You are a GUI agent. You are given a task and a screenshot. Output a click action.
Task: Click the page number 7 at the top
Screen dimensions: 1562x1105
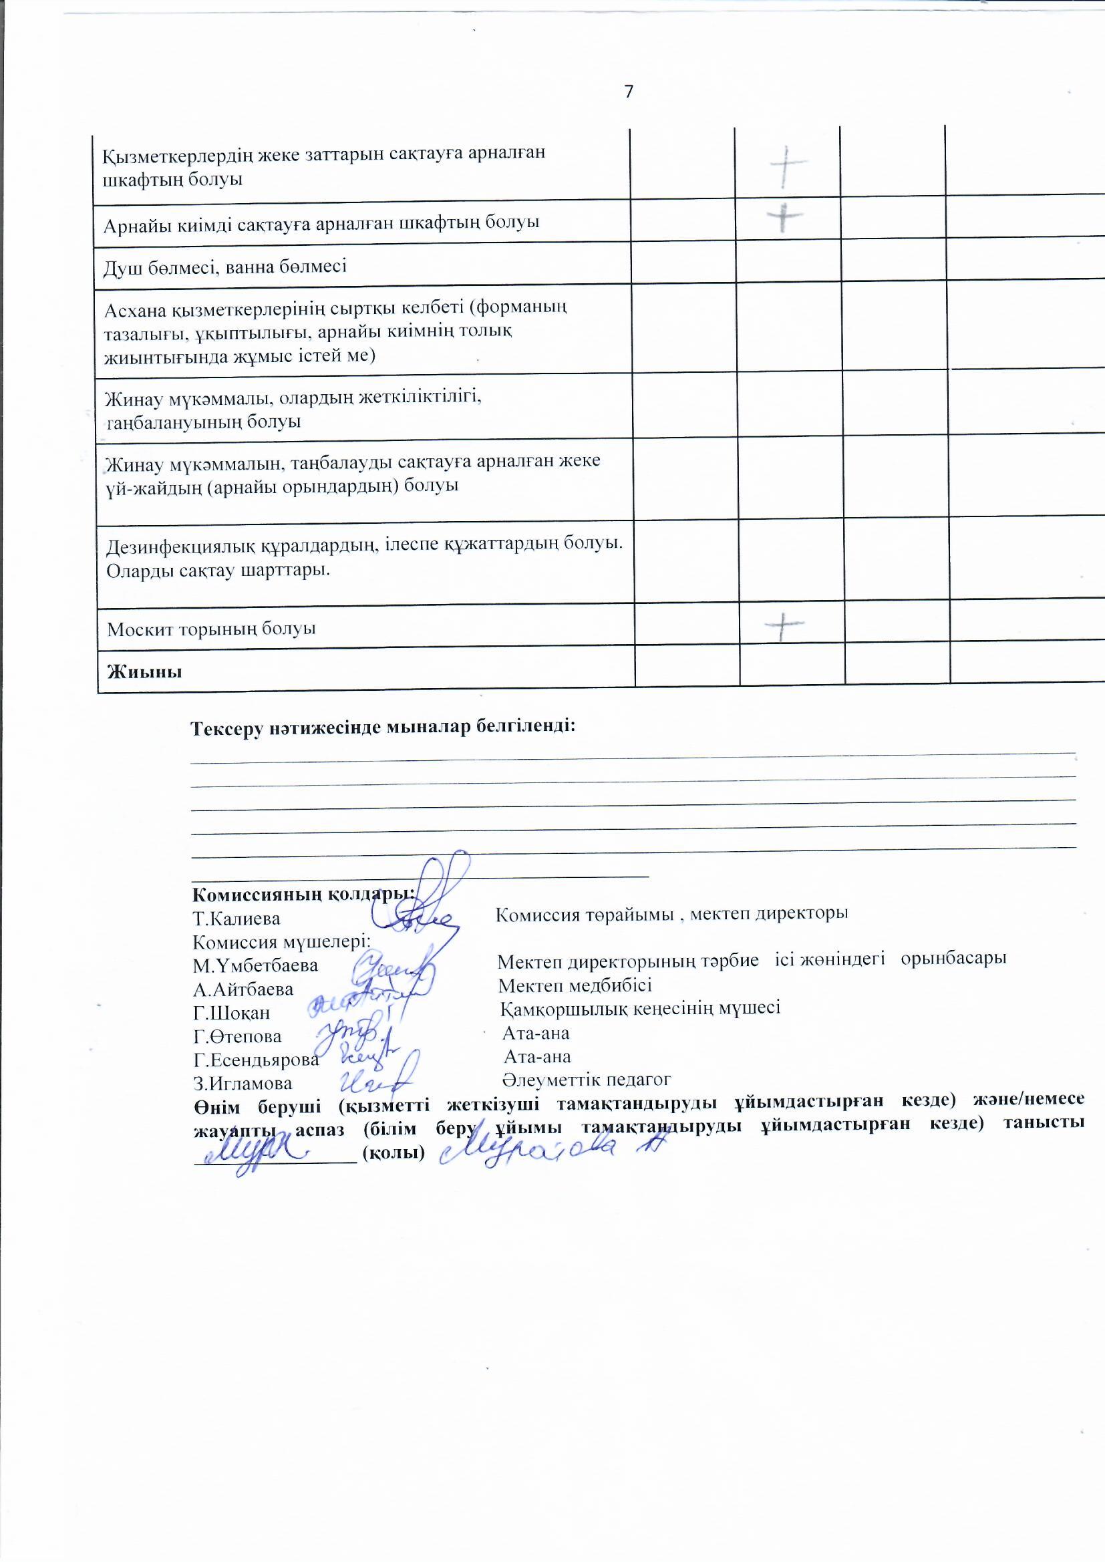[629, 91]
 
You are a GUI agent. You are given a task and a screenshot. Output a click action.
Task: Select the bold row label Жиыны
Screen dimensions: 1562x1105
[144, 672]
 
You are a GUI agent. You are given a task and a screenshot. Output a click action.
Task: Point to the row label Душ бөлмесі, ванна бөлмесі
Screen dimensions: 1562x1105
[224, 266]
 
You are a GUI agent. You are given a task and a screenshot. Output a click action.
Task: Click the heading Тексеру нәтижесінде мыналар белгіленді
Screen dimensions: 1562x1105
[383, 728]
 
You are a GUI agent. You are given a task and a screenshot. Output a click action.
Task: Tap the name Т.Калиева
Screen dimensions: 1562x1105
[236, 919]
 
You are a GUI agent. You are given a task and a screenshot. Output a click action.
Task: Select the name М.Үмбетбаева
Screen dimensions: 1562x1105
[255, 965]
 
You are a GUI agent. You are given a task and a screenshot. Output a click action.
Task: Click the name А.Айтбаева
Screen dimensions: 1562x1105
[243, 989]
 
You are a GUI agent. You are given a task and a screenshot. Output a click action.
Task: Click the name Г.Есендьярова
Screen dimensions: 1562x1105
[256, 1060]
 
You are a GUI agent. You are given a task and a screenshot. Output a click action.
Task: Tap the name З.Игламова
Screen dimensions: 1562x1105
[243, 1084]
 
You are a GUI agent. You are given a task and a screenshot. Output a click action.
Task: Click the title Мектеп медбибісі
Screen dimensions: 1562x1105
[575, 985]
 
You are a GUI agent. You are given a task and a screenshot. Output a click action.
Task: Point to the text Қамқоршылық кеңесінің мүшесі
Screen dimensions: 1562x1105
[640, 1007]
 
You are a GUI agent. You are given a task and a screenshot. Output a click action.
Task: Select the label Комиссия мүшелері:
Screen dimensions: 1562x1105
[281, 942]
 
